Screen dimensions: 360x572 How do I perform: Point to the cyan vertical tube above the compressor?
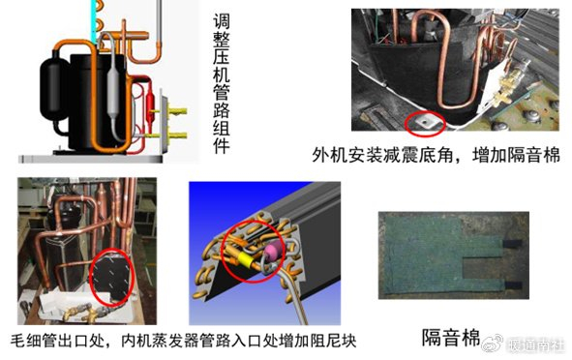[x=95, y=19]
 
